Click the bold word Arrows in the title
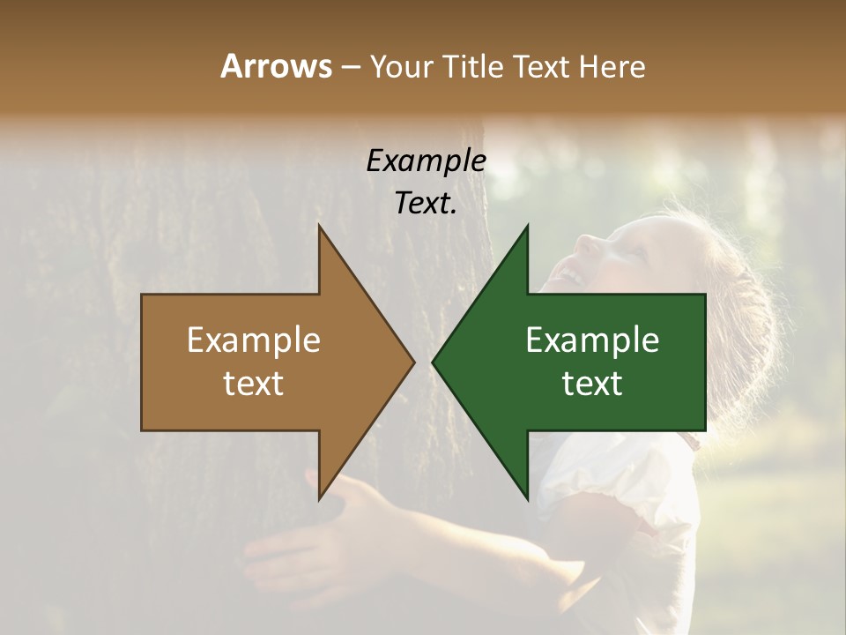point(276,66)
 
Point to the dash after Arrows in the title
point(350,67)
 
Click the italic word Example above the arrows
point(426,161)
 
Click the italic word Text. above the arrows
point(426,204)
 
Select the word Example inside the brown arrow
point(253,340)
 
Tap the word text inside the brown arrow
point(253,384)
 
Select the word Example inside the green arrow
point(592,340)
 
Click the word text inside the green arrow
point(592,384)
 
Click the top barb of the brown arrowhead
point(321,231)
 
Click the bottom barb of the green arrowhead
point(526,495)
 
